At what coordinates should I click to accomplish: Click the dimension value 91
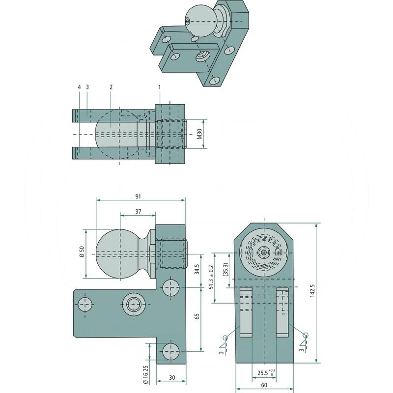click(138, 196)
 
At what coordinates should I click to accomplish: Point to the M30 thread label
click(199, 134)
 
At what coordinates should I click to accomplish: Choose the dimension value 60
click(264, 386)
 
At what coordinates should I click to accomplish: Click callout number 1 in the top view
click(160, 87)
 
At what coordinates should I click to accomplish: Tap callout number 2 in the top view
click(111, 87)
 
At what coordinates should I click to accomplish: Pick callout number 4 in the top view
click(79, 87)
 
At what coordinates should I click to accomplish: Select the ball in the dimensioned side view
click(118, 253)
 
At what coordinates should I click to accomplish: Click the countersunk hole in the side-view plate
click(133, 305)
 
